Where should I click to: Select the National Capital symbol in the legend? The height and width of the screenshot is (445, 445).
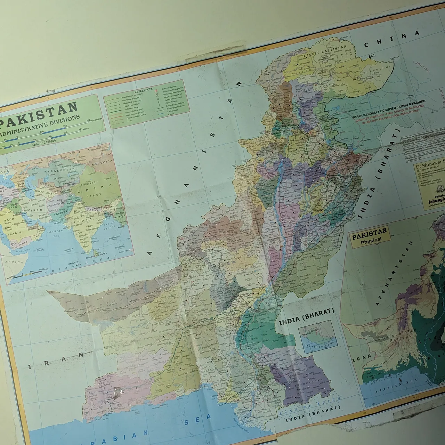click(157, 90)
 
